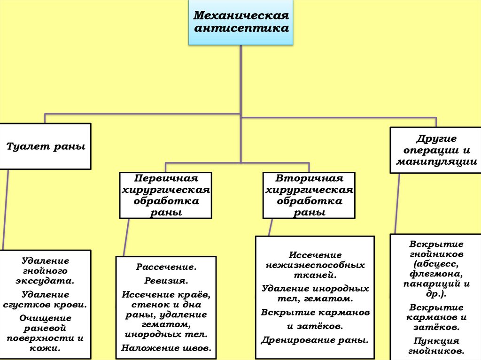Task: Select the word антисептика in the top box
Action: coord(241,28)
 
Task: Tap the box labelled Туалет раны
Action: coord(45,146)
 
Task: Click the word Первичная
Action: coord(165,179)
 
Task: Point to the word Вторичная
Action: coord(309,179)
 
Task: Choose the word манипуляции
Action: coord(436,162)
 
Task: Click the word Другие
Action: coord(436,139)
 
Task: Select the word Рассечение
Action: coord(166,267)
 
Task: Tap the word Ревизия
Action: coord(166,281)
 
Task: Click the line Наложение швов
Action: coord(166,348)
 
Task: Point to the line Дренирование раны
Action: coord(315,340)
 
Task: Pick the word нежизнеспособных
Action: coord(315,265)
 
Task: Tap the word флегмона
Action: coord(436,274)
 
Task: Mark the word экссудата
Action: coord(45,282)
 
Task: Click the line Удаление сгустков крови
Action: coord(45,299)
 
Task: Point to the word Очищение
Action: coord(45,318)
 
